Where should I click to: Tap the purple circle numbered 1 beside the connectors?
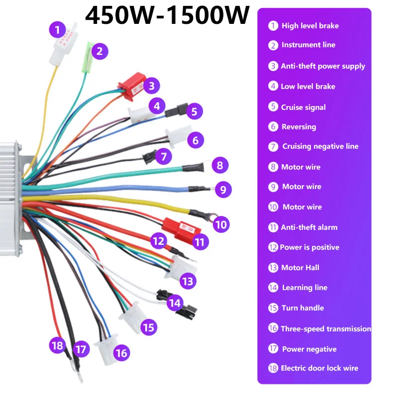57,30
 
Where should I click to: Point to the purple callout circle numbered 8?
220,165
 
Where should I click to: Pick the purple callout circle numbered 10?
221,225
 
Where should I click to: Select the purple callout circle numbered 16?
121,353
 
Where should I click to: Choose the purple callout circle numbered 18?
58,344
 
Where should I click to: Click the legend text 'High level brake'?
310,25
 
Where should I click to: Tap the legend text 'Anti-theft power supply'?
323,66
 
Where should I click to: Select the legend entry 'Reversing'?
298,126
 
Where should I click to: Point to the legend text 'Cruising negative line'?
320,146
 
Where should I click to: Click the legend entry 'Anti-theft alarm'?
309,227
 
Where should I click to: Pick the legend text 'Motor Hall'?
300,268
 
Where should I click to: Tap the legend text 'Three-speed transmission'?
326,328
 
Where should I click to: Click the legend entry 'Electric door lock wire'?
319,368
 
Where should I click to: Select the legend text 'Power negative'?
309,349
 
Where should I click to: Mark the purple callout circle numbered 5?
195,111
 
